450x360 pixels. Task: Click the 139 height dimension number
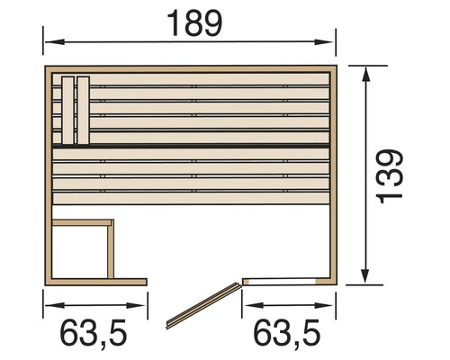coord(390,176)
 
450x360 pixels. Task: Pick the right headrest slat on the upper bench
coord(84,108)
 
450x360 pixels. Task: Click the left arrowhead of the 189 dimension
coord(50,41)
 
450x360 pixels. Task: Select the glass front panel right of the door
coord(284,280)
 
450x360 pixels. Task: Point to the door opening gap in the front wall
coord(193,281)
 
